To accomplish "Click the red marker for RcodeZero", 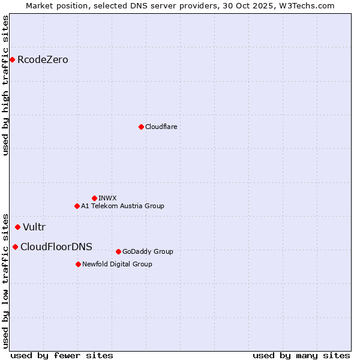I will (12, 59).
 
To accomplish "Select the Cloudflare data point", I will (141, 127).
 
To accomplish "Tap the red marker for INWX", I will (94, 198).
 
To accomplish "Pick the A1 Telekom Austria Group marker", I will (77, 206).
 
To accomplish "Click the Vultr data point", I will (17, 227).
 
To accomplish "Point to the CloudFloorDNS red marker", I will (15, 247).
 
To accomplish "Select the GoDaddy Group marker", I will (118, 251).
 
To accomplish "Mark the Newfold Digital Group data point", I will (78, 264).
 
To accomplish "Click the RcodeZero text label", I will (43, 59).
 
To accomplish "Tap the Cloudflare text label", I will (161, 127).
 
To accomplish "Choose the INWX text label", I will (107, 198).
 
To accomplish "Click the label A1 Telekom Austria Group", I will (122, 206).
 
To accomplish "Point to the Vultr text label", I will (34, 227).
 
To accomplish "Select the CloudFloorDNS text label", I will (56, 247).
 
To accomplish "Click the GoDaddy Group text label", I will (148, 251).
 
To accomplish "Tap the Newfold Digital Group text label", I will (117, 264).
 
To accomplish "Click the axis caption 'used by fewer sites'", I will (62, 355).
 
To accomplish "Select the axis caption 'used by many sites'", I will (301, 355).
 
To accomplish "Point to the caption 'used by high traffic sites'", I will (6, 85).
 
